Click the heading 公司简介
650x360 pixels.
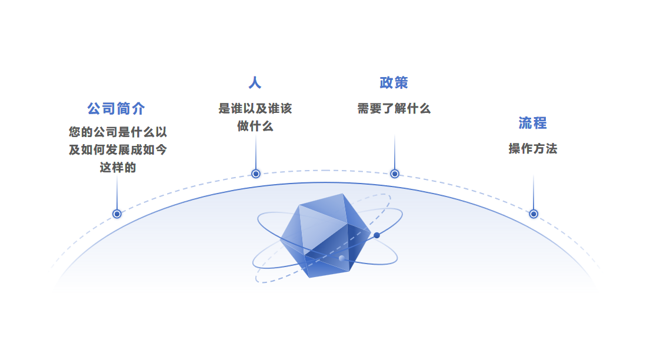coord(116,109)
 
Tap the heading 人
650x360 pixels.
coord(255,82)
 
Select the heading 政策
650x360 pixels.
coord(394,82)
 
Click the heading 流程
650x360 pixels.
coord(532,123)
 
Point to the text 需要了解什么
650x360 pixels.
coord(394,109)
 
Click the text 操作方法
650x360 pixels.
coord(532,149)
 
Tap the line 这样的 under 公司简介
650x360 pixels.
coord(118,168)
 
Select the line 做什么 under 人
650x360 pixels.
coord(255,126)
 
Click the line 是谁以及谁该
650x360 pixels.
coord(255,109)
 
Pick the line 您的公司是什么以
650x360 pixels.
coord(118,132)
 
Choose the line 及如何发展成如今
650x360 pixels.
coord(118,150)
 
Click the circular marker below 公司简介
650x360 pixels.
coord(117,214)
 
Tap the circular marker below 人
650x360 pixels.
coord(256,174)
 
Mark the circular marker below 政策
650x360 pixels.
coord(395,174)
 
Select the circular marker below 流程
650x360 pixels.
coord(534,214)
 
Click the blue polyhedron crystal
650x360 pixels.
coord(324,235)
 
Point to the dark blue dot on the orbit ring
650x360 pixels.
coord(376,235)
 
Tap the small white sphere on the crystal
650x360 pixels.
coord(341,258)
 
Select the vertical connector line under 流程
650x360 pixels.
coord(534,191)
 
